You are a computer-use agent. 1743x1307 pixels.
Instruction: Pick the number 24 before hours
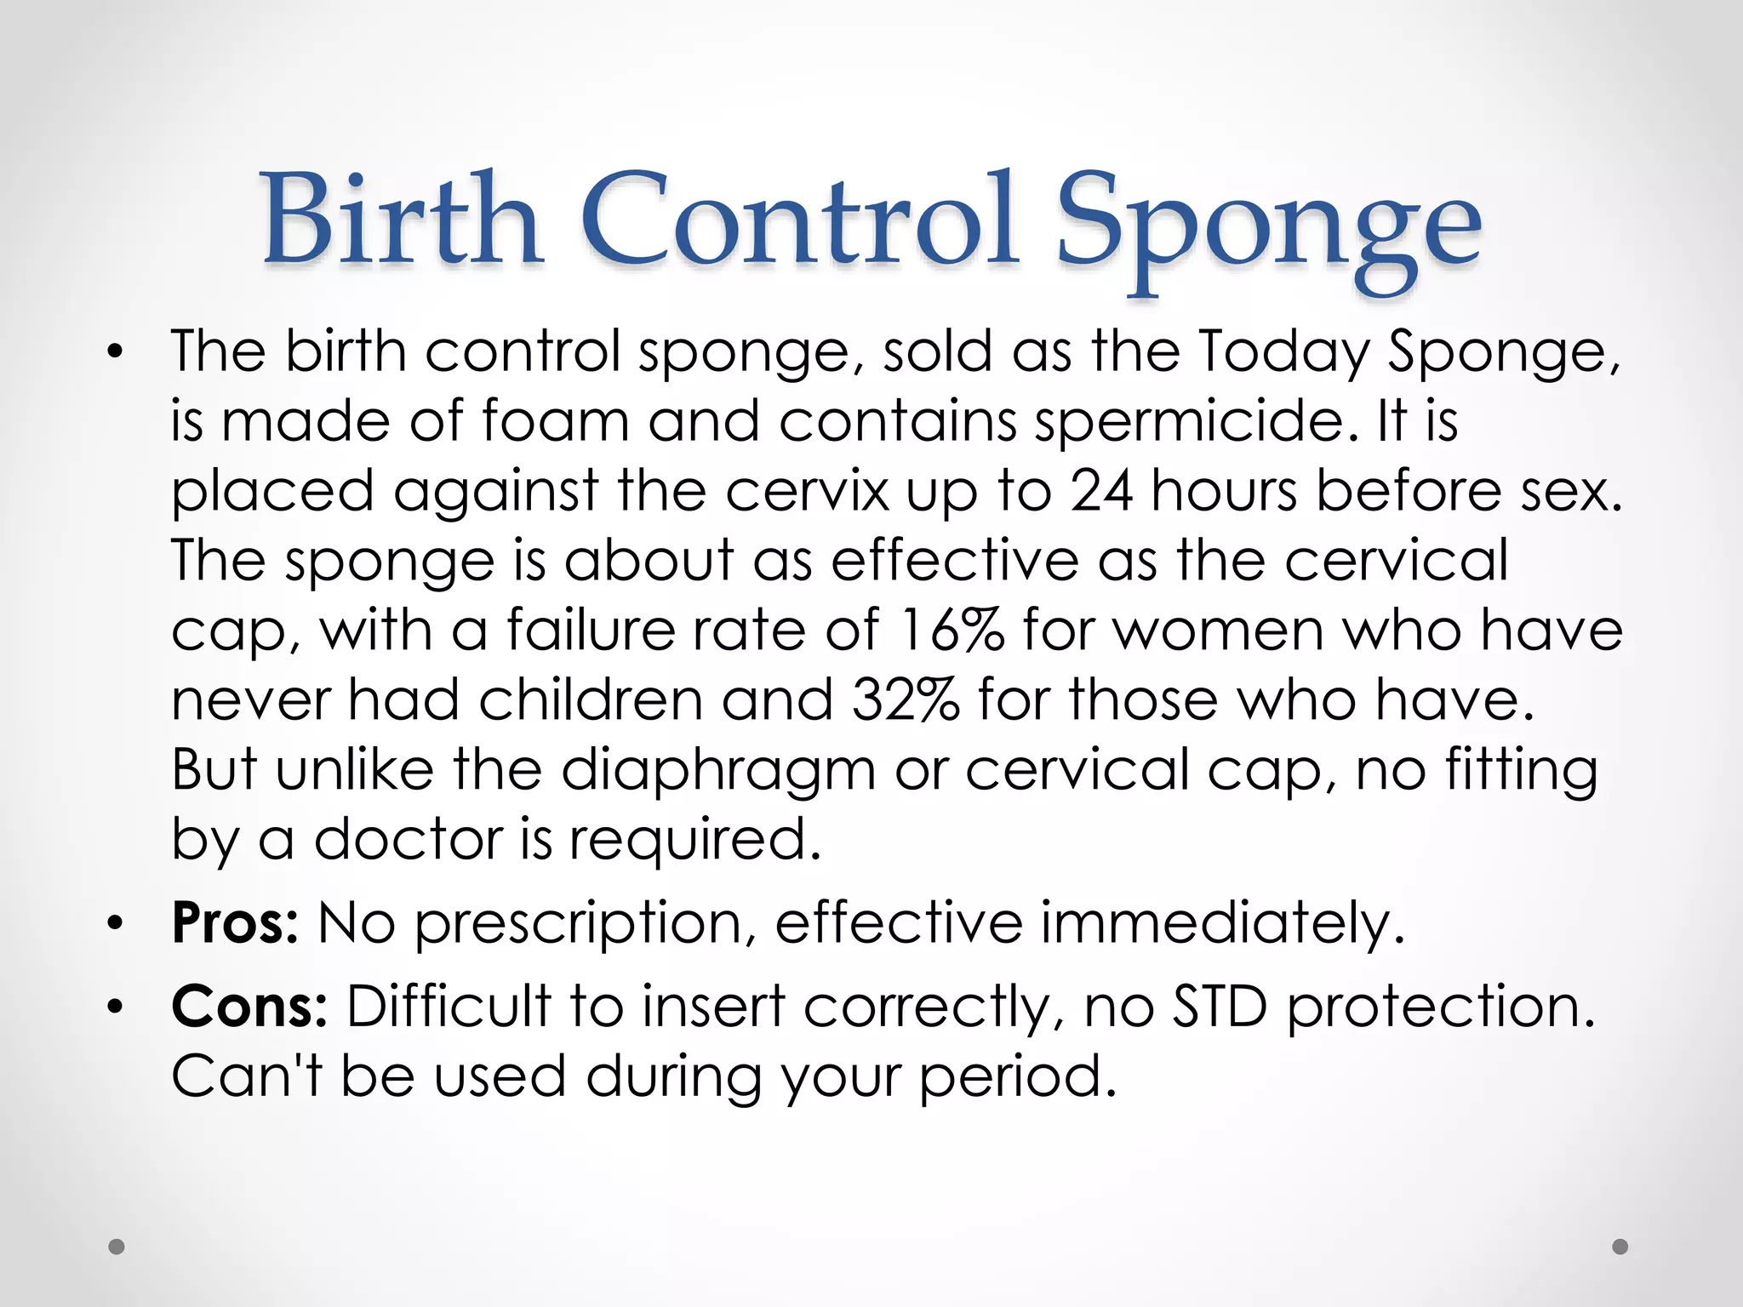click(x=1100, y=491)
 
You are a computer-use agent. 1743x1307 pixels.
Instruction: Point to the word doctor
click(x=409, y=840)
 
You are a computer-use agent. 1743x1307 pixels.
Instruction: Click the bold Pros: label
click(x=235, y=923)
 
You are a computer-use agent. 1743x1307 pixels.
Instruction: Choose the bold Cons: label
click(x=249, y=1007)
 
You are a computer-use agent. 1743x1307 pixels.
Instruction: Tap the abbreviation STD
click(x=1220, y=1007)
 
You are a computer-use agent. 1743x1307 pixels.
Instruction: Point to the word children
click(x=591, y=700)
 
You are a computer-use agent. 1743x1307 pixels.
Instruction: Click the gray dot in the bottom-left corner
click(x=117, y=1247)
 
